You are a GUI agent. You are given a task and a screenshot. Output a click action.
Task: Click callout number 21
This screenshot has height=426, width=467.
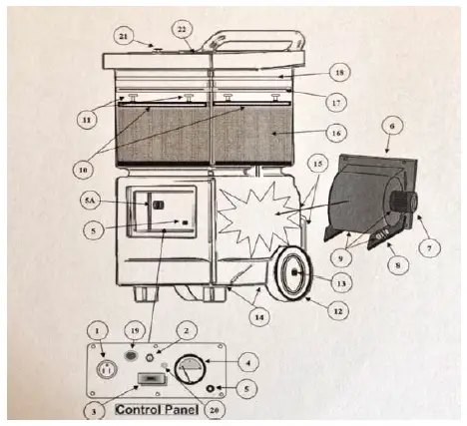124,37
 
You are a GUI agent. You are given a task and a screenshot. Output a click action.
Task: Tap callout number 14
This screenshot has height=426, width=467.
259,317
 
